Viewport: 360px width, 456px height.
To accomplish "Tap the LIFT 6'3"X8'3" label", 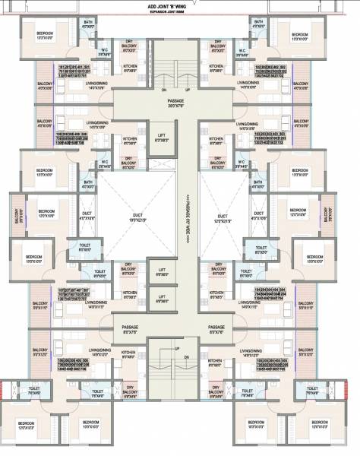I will [162, 138].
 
